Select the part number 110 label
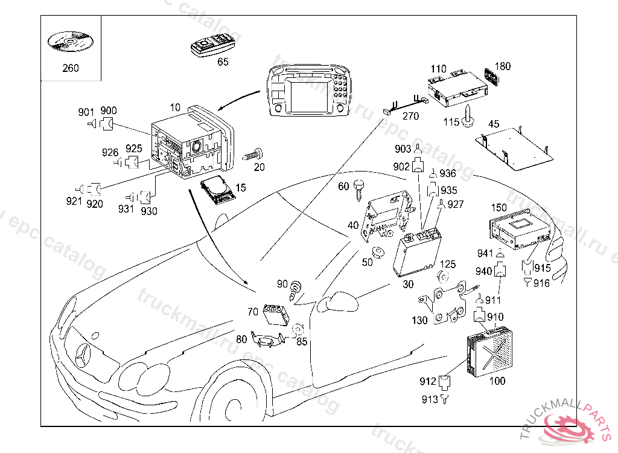point(439,69)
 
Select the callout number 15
point(241,188)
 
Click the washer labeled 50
point(378,252)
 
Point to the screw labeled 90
point(296,288)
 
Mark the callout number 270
point(410,117)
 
